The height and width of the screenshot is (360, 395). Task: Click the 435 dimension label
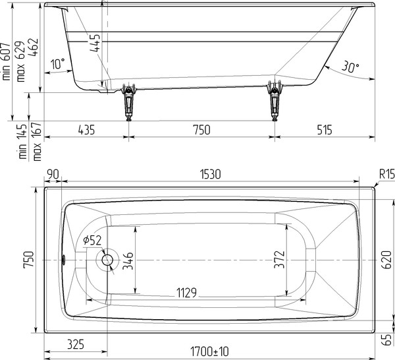(86, 130)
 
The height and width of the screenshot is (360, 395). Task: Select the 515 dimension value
(324, 130)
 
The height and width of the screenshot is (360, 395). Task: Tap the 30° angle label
(350, 67)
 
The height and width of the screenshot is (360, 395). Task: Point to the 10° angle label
(58, 64)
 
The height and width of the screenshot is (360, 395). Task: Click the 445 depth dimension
(95, 43)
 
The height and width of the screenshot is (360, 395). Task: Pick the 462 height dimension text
(34, 47)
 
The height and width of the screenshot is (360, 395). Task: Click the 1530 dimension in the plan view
(211, 174)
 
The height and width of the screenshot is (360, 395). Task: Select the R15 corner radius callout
(387, 174)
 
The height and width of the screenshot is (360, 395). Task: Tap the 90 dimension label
(53, 174)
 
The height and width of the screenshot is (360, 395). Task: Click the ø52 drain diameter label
(92, 241)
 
